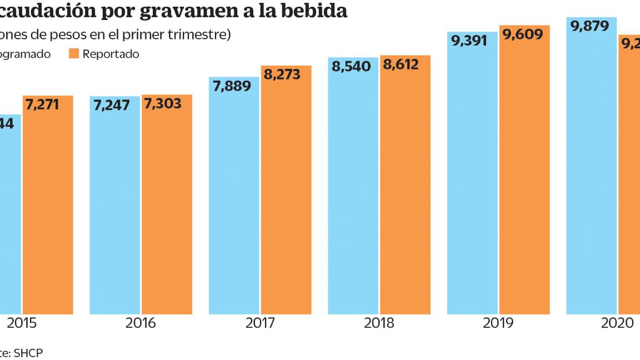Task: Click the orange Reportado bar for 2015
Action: [x=48, y=211]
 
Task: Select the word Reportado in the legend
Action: [x=111, y=54]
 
